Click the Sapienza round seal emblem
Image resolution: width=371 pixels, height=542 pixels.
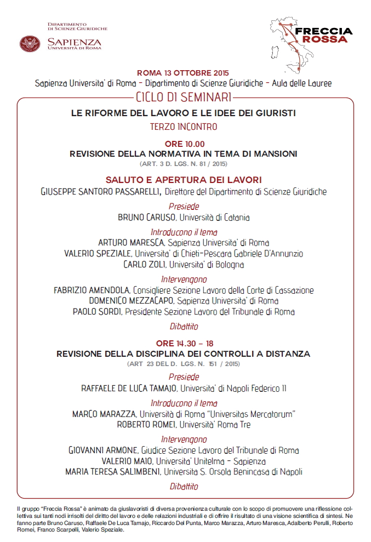click(30, 43)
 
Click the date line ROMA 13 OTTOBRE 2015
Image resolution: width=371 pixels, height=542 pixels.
click(183, 73)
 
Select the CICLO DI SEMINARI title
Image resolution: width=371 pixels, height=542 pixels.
click(185, 98)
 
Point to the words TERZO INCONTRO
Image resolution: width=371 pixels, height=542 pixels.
click(184, 127)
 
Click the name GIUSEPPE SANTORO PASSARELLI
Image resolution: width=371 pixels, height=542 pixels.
click(100, 192)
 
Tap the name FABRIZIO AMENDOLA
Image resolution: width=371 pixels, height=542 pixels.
click(92, 290)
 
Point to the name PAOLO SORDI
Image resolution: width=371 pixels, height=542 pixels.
click(98, 312)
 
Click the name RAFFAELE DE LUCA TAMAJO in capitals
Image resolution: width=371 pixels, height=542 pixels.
click(130, 389)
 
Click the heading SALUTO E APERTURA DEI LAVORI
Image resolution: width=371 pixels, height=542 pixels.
click(184, 180)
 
